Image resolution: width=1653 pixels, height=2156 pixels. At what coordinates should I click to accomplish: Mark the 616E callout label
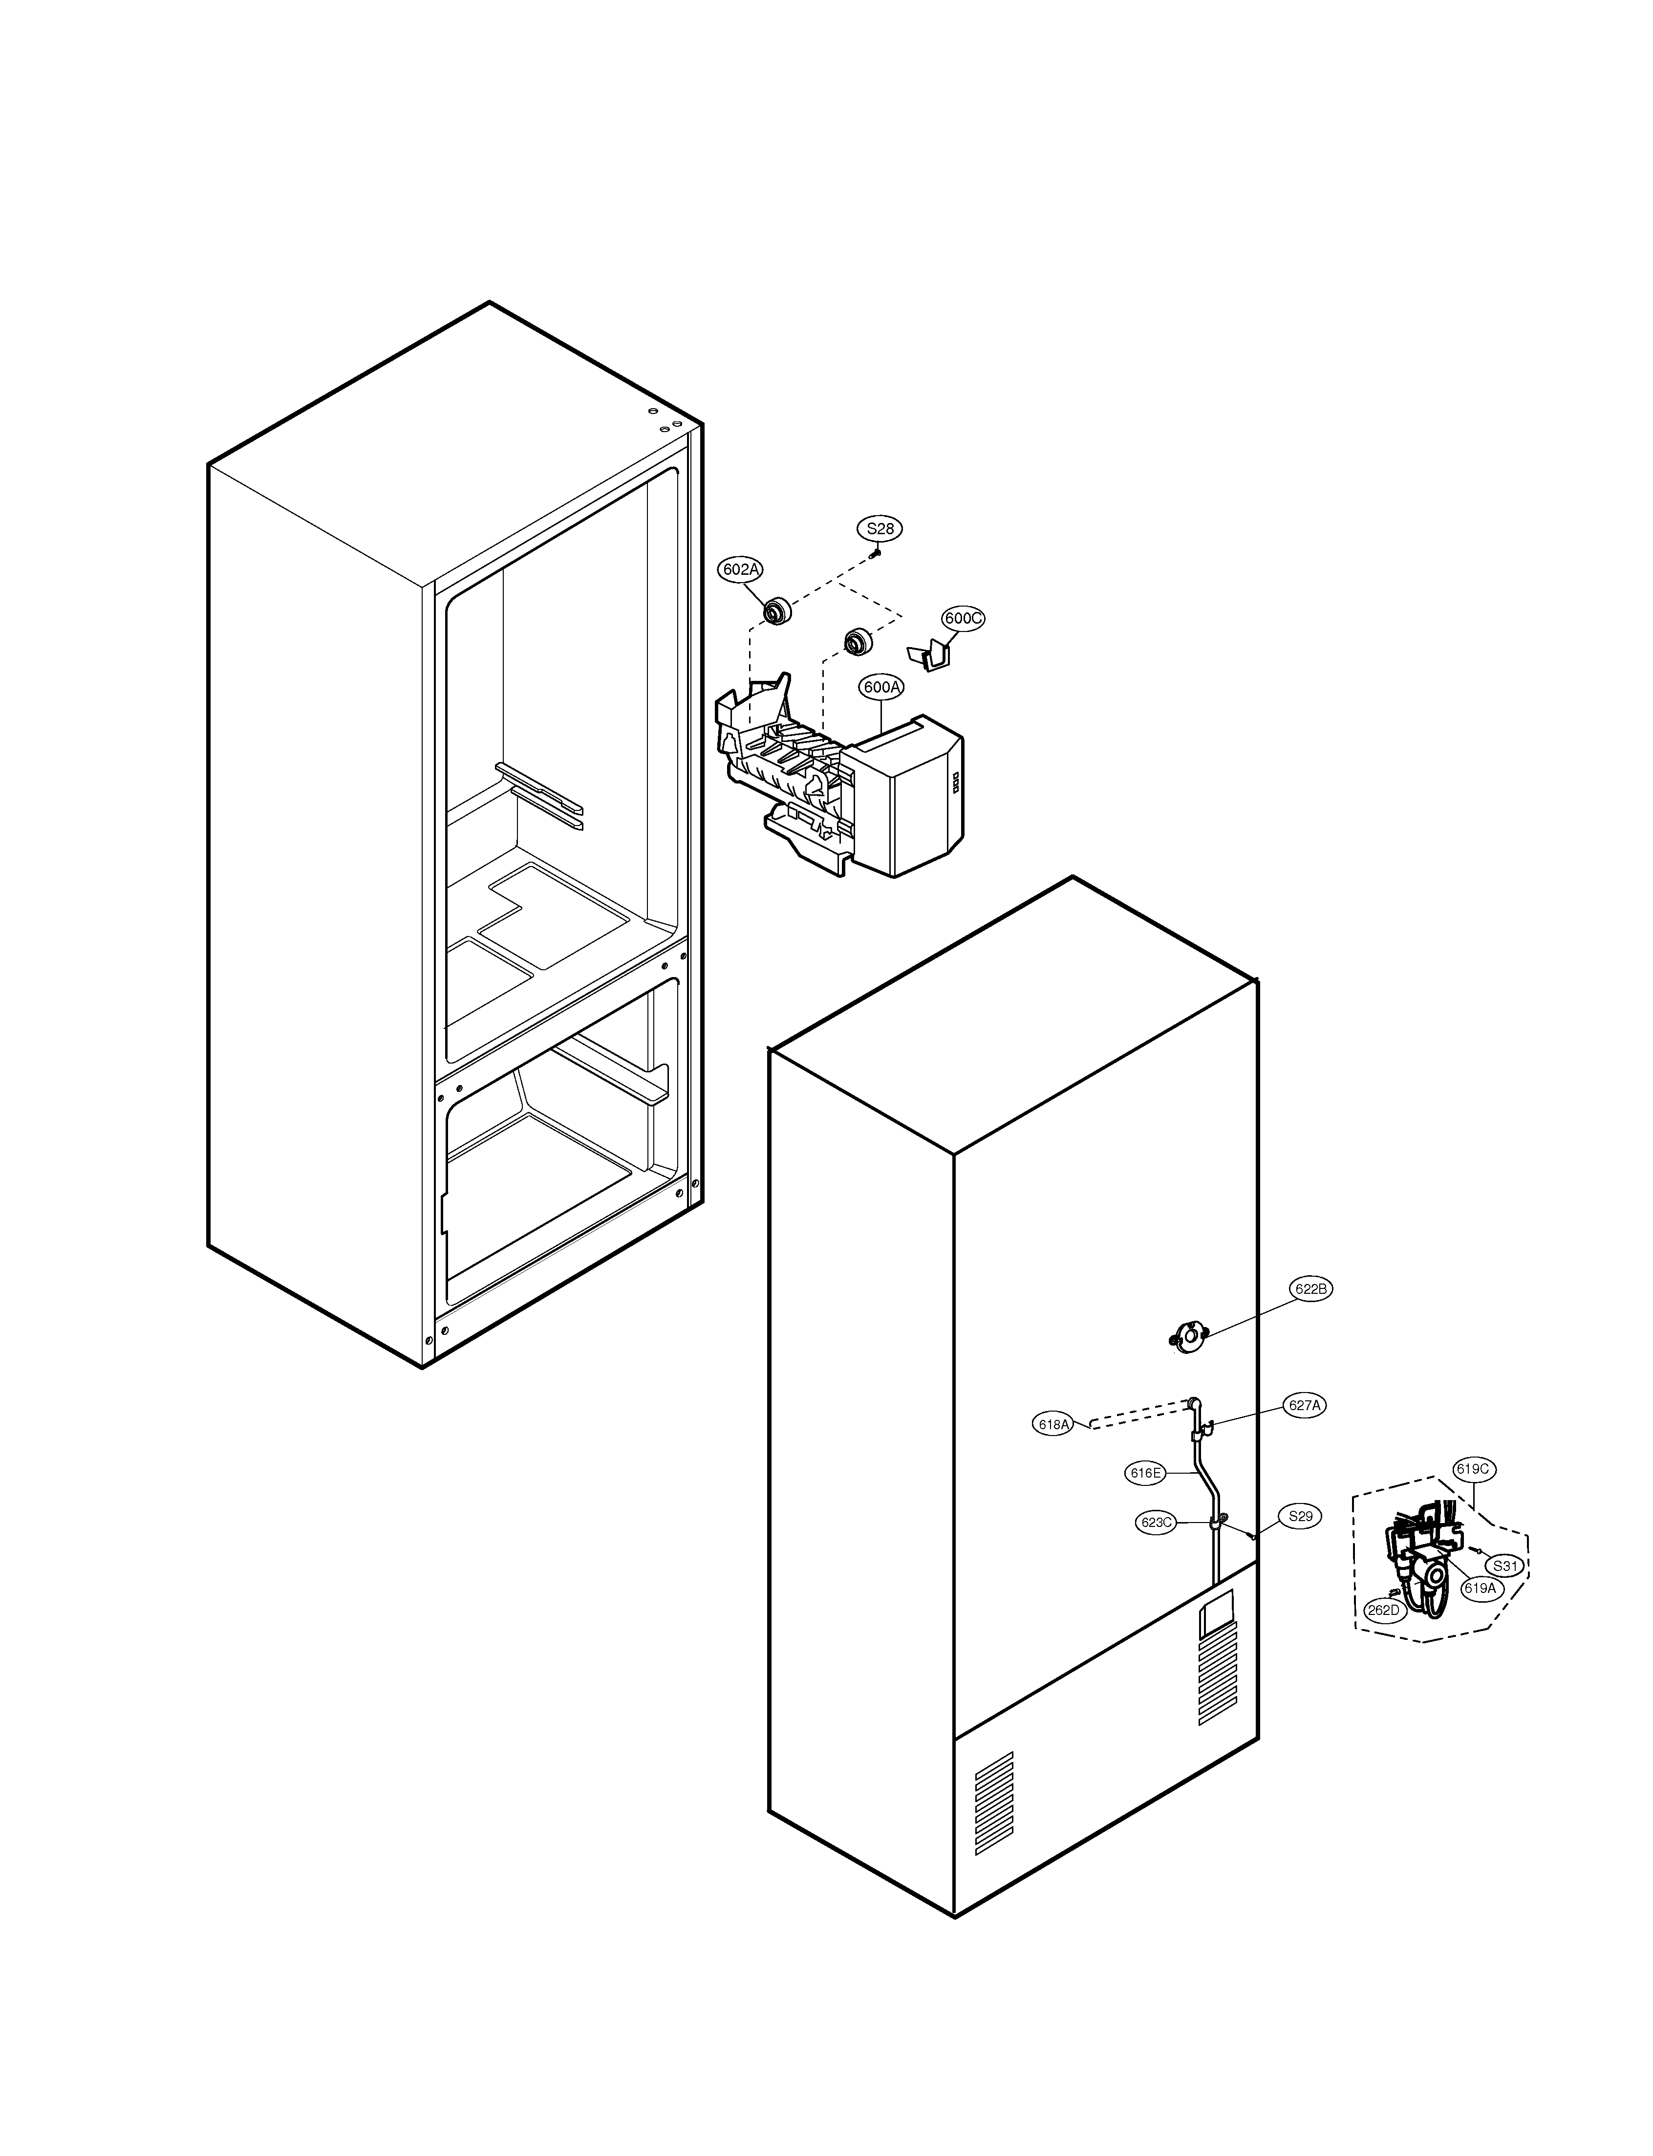pos(1145,1473)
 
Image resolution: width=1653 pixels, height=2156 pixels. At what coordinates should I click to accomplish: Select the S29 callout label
pos(1300,1516)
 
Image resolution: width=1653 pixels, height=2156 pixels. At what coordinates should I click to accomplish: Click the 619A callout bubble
pos(1479,1587)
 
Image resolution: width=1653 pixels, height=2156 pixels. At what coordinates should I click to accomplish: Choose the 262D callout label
pos(1382,1610)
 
